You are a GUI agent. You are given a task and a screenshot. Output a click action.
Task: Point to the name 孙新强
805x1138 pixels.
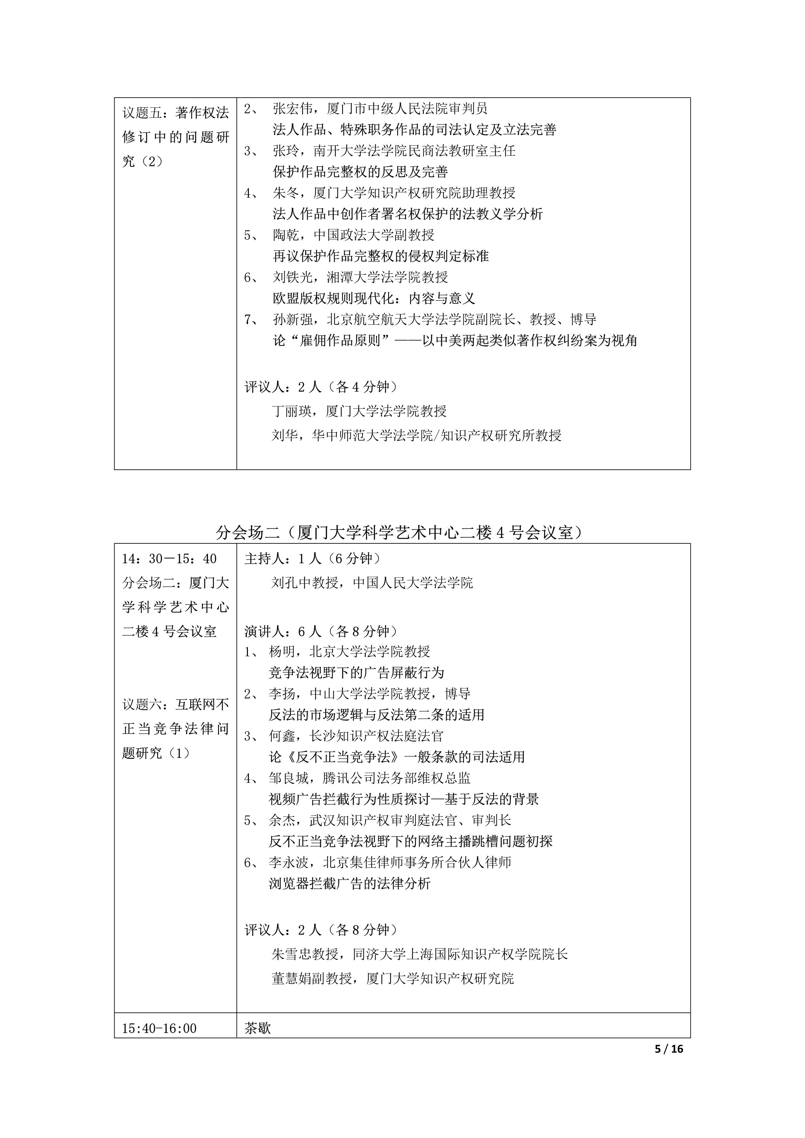pyautogui.click(x=292, y=319)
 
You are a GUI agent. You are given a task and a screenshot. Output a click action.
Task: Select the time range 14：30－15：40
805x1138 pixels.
pyautogui.click(x=169, y=559)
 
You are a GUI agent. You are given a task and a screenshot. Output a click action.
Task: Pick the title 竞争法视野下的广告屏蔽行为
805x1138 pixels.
pyautogui.click(x=356, y=672)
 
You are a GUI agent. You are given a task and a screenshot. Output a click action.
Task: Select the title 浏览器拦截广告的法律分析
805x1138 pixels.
pyautogui.click(x=349, y=883)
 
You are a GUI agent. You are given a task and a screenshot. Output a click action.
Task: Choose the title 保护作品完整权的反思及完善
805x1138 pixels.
pyautogui.click(x=360, y=172)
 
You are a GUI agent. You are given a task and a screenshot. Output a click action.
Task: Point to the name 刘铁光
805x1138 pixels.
pyautogui.click(x=292, y=277)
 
